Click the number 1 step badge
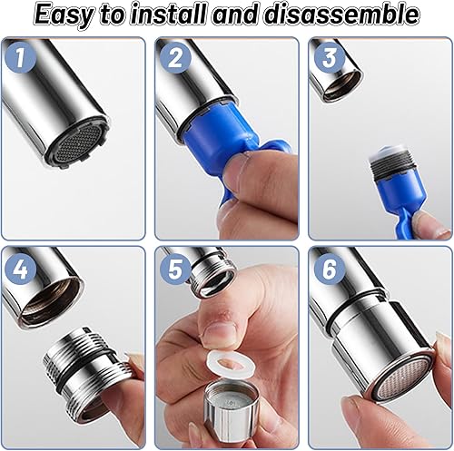point(21,57)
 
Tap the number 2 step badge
point(175,58)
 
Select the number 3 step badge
point(330,58)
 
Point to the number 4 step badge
point(21,268)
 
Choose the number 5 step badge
point(175,268)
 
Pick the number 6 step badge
point(330,268)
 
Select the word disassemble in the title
point(341,14)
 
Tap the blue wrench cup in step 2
point(215,130)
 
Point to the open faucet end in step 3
point(343,84)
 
